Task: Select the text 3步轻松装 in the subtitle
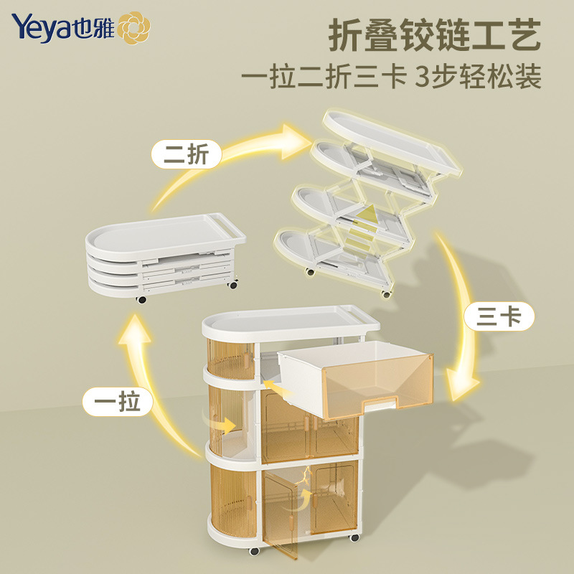tap(478, 75)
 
